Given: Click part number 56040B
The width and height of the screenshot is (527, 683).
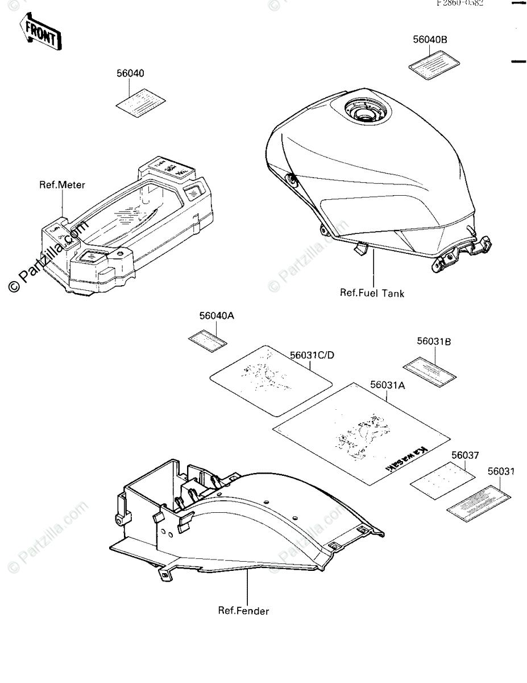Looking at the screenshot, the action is (430, 40).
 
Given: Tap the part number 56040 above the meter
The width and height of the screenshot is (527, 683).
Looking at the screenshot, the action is (130, 73).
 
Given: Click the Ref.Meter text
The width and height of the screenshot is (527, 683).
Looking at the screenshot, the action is (62, 184).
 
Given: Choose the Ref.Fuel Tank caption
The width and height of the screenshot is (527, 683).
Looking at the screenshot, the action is (372, 293).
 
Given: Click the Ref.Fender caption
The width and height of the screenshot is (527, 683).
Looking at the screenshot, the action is (243, 611).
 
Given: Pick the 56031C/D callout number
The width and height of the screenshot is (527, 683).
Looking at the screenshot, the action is (312, 356).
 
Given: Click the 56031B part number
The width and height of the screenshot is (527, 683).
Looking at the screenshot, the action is (434, 341).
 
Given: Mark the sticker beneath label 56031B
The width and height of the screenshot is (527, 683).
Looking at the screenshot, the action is (430, 369).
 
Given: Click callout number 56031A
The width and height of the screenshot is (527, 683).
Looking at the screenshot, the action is (387, 385).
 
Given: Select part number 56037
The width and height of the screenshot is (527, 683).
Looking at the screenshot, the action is (465, 455).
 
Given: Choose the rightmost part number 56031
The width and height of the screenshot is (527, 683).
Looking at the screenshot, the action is (501, 472).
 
